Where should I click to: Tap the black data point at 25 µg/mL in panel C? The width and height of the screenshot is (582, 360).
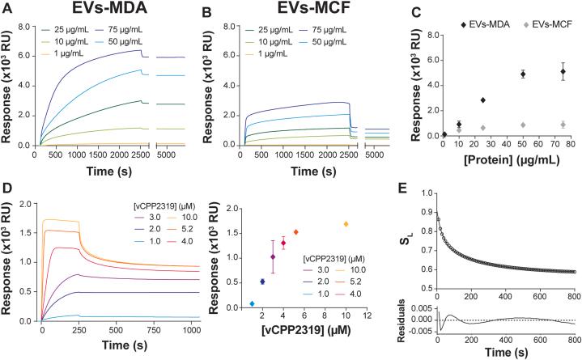pos(482,100)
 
